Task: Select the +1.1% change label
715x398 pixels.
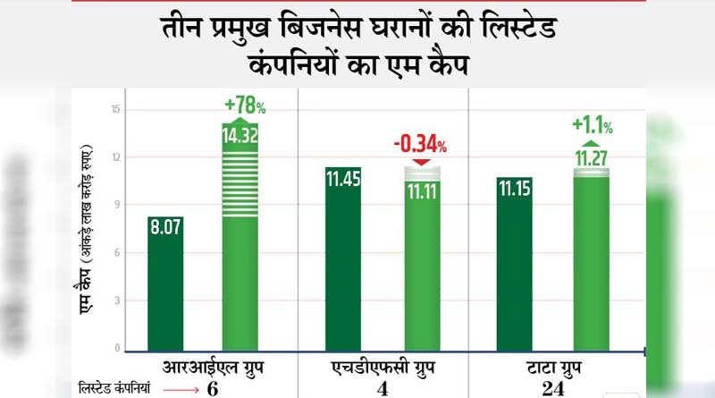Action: coord(592,123)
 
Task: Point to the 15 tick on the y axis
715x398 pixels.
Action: coord(116,110)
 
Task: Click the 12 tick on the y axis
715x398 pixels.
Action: coord(116,157)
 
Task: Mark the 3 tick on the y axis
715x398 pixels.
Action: coord(117,301)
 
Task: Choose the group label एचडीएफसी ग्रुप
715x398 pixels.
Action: coord(383,368)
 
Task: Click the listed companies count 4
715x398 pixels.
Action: coord(383,389)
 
